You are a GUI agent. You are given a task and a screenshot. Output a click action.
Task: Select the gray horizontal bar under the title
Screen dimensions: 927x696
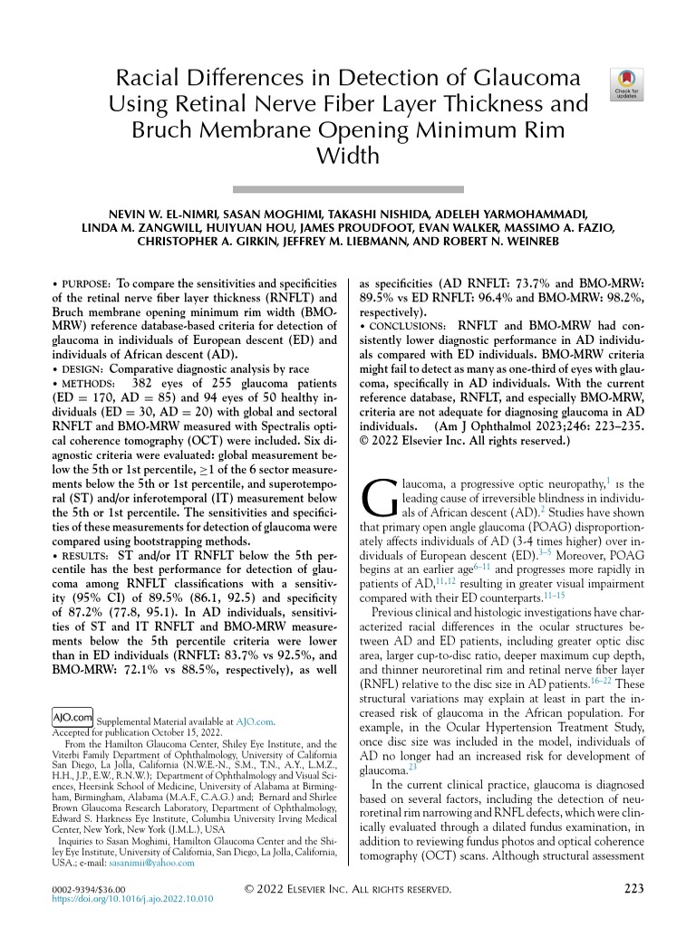[348, 189]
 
